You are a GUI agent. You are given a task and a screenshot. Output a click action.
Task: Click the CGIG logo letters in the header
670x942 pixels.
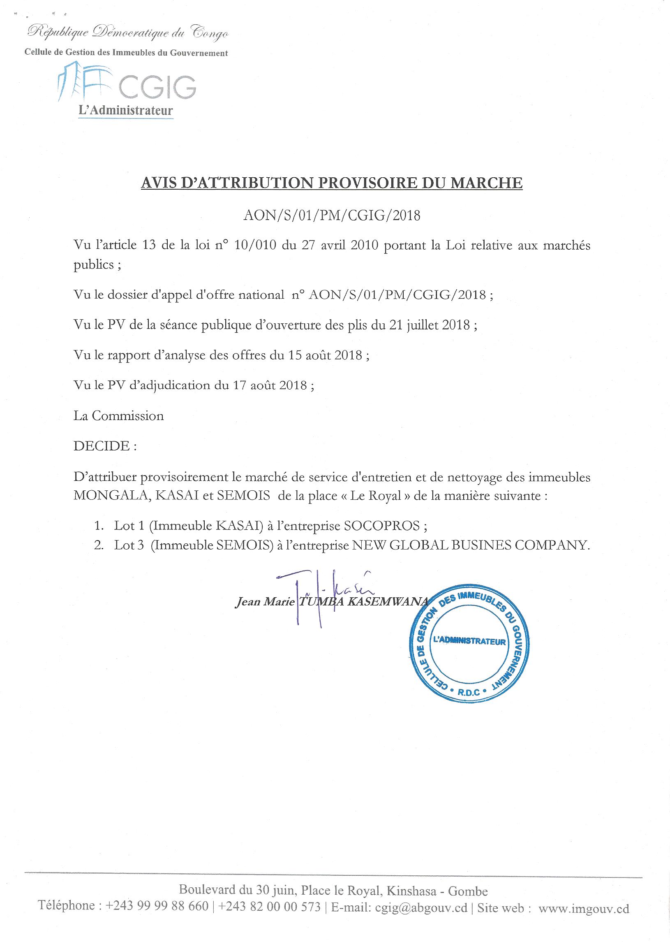pos(157,87)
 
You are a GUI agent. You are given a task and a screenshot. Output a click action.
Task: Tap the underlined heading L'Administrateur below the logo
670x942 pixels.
pos(125,111)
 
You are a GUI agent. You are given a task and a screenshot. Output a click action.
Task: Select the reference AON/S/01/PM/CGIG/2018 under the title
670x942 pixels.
pos(332,216)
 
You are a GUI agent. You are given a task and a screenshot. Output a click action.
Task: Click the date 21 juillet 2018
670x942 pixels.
pos(429,325)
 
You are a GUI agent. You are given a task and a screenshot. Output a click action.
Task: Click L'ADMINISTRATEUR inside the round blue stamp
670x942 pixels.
pos(469,642)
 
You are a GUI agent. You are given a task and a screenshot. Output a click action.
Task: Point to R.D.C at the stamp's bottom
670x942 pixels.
pos(469,692)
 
